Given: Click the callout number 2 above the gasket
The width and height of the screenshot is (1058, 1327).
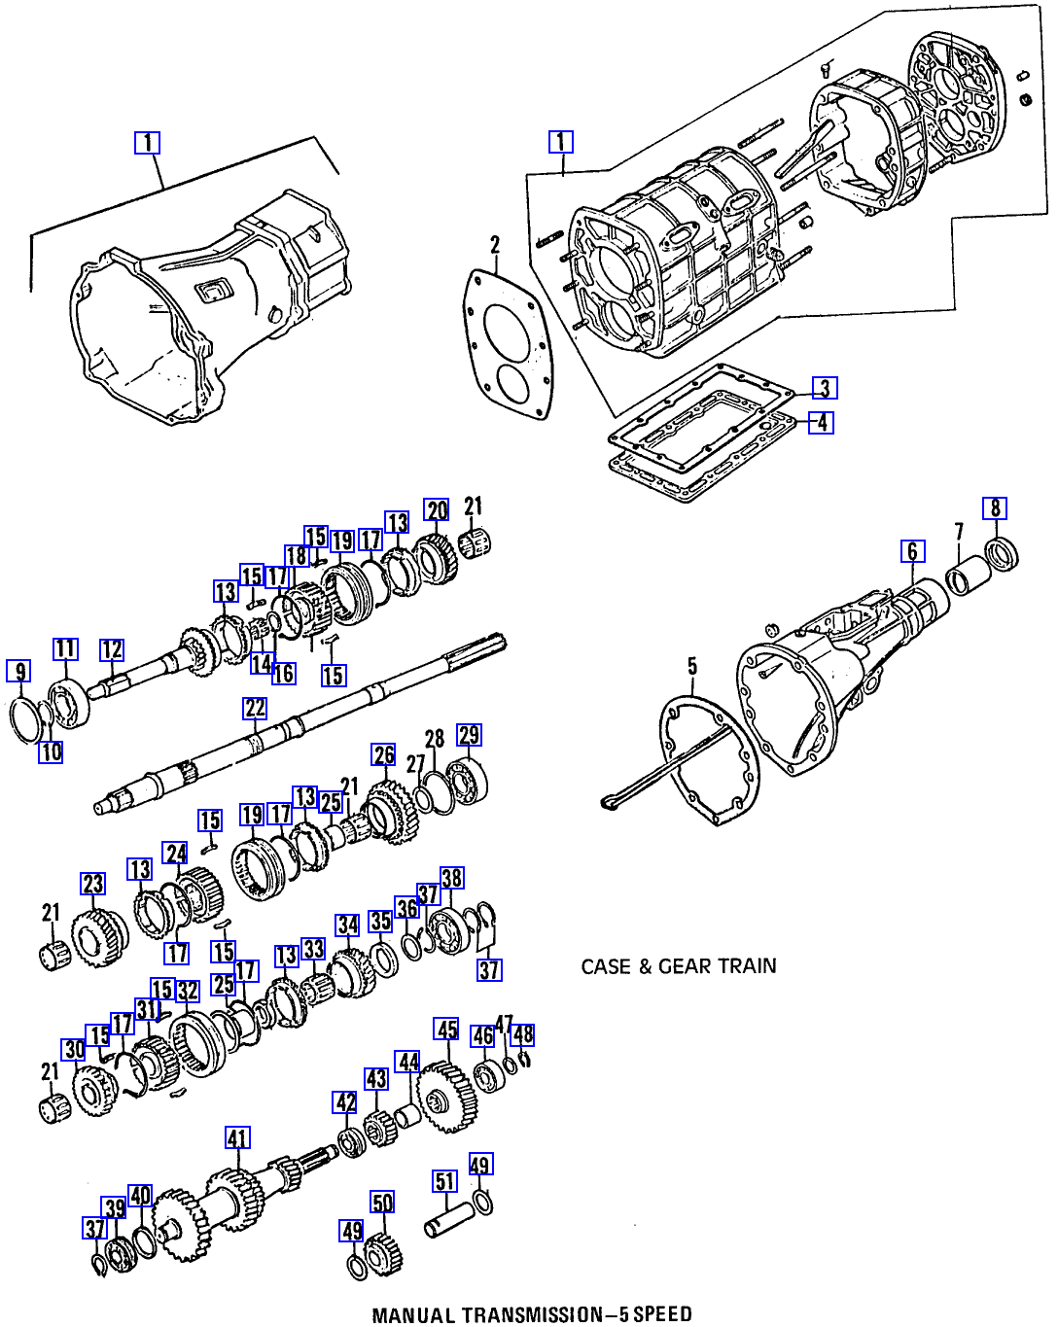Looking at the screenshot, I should tap(495, 244).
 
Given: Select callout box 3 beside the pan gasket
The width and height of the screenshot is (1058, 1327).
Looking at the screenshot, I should tap(824, 389).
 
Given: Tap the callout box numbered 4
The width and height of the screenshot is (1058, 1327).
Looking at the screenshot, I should tap(822, 423).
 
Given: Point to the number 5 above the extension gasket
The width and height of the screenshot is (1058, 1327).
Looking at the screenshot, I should tap(692, 666).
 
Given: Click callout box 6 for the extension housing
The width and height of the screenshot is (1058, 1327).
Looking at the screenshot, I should tap(912, 552).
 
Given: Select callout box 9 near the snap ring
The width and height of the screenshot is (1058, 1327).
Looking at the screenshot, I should tap(18, 671).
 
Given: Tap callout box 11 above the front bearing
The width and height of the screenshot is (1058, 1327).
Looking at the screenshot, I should tap(64, 649).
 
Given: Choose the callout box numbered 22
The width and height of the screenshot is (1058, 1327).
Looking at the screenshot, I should tap(255, 709).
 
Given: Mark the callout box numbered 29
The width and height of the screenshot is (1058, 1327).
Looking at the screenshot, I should tap(469, 736).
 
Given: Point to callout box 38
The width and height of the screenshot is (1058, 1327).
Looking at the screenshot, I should tap(451, 879).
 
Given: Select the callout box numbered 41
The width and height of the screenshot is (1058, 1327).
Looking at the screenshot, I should tap(237, 1138).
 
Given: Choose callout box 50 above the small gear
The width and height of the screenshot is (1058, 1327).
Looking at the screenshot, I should tap(382, 1204).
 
